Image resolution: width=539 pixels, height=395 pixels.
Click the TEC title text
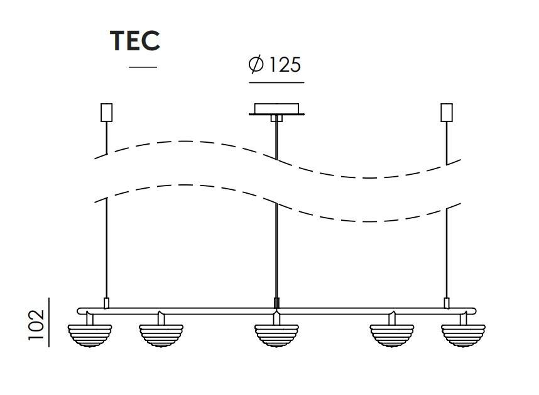[135, 40]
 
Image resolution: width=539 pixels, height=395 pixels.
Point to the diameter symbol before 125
[256, 64]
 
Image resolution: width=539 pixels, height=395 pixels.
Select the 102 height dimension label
[37, 325]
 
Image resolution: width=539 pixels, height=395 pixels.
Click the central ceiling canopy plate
[276, 109]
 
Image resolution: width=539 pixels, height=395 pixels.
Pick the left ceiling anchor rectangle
[107, 113]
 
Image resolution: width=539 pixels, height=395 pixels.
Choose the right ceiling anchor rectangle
[447, 113]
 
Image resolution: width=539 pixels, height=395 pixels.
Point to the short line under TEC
[143, 67]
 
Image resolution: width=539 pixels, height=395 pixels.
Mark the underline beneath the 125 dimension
[276, 82]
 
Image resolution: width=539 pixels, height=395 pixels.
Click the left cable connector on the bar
[107, 303]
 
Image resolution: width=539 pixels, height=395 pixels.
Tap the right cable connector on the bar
[447, 303]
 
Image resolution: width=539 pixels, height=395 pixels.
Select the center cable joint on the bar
[276, 304]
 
